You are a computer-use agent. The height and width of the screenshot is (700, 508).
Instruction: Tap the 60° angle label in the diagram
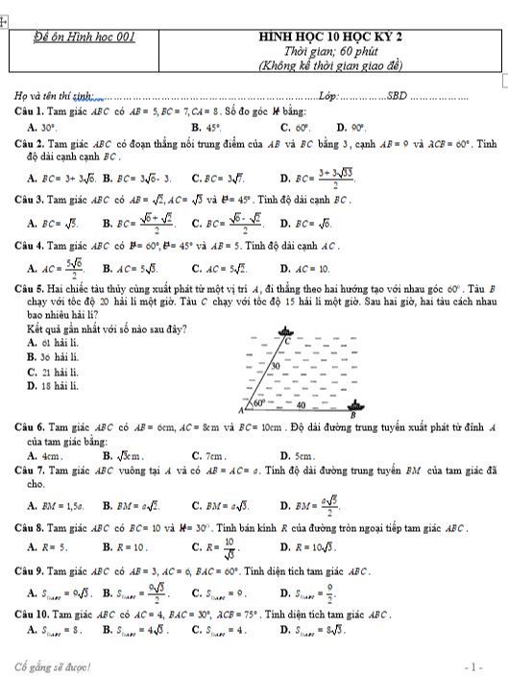256,403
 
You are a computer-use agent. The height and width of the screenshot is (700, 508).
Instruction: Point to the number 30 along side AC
276,367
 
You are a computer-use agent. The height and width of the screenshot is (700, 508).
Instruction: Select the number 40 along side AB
300,405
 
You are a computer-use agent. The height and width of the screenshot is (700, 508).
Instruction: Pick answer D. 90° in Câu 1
352,127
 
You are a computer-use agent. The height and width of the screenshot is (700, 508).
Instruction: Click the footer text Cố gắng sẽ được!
53,666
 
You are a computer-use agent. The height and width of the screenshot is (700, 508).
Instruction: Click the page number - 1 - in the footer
472,666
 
